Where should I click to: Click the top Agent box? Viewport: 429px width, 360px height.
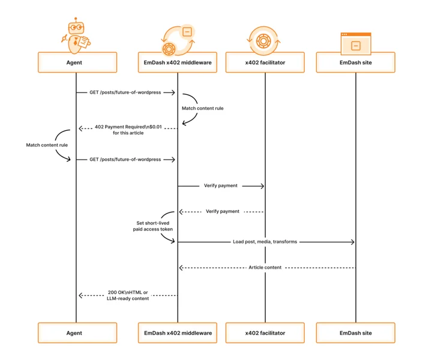pos(77,62)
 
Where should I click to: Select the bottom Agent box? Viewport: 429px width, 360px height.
pos(77,333)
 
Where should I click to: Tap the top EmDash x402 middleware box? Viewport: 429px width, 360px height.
pos(178,62)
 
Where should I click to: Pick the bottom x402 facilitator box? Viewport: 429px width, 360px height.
pos(265,333)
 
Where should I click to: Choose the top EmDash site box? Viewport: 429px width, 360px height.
pos(356,62)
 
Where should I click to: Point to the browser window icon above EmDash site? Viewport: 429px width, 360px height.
pos(356,43)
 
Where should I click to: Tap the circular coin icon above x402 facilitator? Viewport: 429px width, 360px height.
pos(263,41)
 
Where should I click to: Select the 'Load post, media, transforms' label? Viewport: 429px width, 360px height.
pos(265,242)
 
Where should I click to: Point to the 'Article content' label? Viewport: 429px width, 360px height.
pos(265,267)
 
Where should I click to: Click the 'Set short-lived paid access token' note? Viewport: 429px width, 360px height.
pos(153,226)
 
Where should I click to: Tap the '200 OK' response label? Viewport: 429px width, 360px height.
pos(128,295)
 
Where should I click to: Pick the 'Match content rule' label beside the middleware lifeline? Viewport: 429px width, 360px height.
pos(203,108)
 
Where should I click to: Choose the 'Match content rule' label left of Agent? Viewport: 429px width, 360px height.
pos(47,145)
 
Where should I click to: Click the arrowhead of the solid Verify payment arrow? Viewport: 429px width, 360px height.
pos(262,186)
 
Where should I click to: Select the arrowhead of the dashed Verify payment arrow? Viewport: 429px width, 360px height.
pos(181,212)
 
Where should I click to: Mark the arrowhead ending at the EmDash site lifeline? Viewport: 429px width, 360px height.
pos(352,242)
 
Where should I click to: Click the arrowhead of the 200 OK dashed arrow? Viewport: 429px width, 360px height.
pos(81,295)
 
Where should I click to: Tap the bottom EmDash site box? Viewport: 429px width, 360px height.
pos(356,333)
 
